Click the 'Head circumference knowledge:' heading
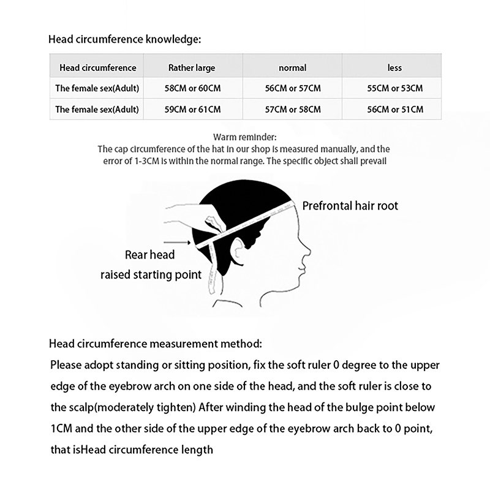click(124, 40)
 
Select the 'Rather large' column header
click(192, 68)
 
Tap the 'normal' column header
click(292, 68)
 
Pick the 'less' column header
click(394, 68)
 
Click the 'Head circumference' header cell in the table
click(97, 68)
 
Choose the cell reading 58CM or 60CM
click(192, 88)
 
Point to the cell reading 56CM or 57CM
click(293, 88)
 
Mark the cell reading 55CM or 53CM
click(394, 88)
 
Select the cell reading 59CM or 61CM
click(192, 110)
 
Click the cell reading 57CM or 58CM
click(293, 110)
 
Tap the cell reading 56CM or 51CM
click(394, 110)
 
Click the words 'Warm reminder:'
click(245, 138)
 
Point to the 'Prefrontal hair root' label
click(350, 206)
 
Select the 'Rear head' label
click(149, 255)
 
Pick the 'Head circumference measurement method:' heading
click(156, 344)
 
